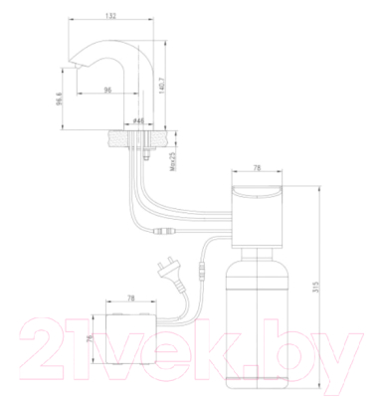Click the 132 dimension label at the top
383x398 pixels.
click(x=112, y=16)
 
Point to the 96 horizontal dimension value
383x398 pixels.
click(x=107, y=90)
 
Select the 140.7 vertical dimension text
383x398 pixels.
click(x=162, y=86)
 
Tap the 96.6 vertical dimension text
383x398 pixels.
click(x=59, y=99)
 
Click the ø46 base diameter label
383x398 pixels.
click(x=138, y=121)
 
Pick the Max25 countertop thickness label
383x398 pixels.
click(x=172, y=161)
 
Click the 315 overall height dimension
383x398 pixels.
click(x=315, y=287)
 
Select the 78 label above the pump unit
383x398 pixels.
click(x=257, y=168)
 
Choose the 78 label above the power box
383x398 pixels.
click(x=131, y=298)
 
